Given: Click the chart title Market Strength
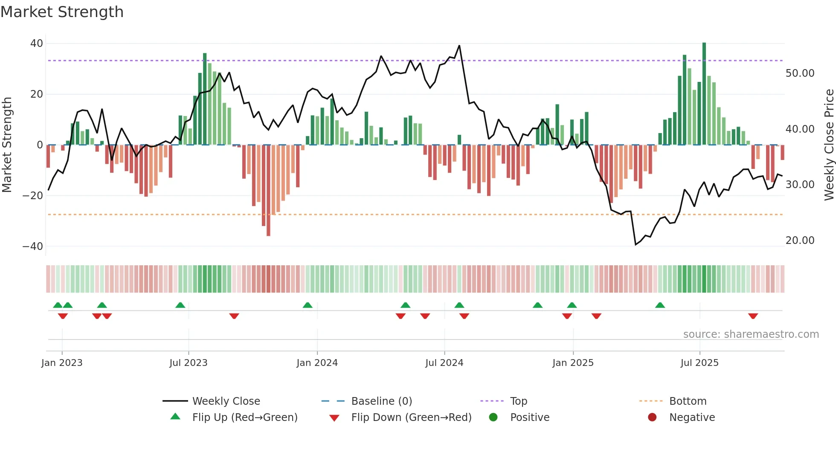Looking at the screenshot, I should (x=62, y=12).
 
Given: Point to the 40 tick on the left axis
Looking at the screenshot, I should (x=37, y=44).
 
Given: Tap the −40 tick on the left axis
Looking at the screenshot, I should (x=33, y=247).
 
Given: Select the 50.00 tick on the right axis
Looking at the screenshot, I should (x=800, y=73).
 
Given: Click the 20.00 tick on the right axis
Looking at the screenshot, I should (x=800, y=241).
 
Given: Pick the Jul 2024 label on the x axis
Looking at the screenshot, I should (x=444, y=363).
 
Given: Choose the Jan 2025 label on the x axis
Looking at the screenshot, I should (x=573, y=363).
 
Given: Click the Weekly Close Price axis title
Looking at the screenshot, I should (x=829, y=145).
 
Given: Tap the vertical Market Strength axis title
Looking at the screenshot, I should (x=7, y=145).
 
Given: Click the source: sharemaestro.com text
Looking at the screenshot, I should (x=751, y=334).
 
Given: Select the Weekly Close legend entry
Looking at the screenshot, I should (x=226, y=401).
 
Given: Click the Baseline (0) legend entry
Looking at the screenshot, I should (x=381, y=401).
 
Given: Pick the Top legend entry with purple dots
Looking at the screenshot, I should (x=518, y=401).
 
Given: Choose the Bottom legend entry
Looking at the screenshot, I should (x=688, y=401).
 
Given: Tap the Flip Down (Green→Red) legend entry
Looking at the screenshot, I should (x=411, y=418).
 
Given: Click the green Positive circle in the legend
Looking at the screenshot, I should (x=493, y=418).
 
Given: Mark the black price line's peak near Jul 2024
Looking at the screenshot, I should (x=459, y=46).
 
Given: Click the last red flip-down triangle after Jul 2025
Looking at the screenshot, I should (x=753, y=316).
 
